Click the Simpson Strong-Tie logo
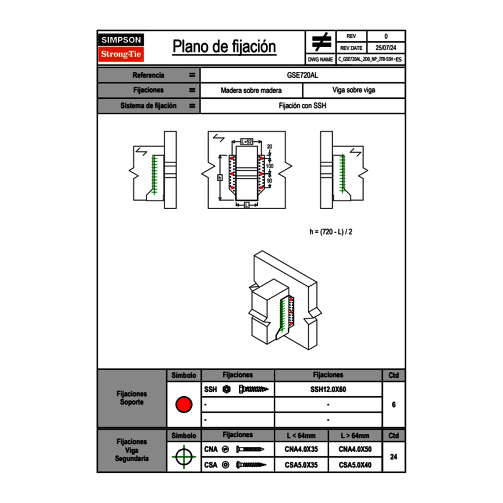[x=122, y=47]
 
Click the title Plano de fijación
[x=224, y=47]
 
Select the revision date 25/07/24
[x=386, y=48]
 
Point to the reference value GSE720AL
[x=302, y=75]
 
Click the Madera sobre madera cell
[x=251, y=90]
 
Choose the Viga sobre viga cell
[x=353, y=90]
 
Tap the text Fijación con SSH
[x=302, y=106]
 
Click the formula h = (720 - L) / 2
[x=334, y=231]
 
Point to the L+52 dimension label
[x=246, y=141]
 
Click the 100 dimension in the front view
[x=270, y=166]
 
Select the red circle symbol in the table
[x=183, y=405]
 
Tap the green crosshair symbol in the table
[x=183, y=457]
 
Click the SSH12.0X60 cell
[x=328, y=389]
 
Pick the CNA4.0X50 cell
[x=355, y=449]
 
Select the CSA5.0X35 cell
[x=301, y=465]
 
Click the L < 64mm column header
[x=301, y=436]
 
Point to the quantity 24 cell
[x=393, y=457]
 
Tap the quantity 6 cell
[x=393, y=405]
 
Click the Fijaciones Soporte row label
[x=132, y=398]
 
